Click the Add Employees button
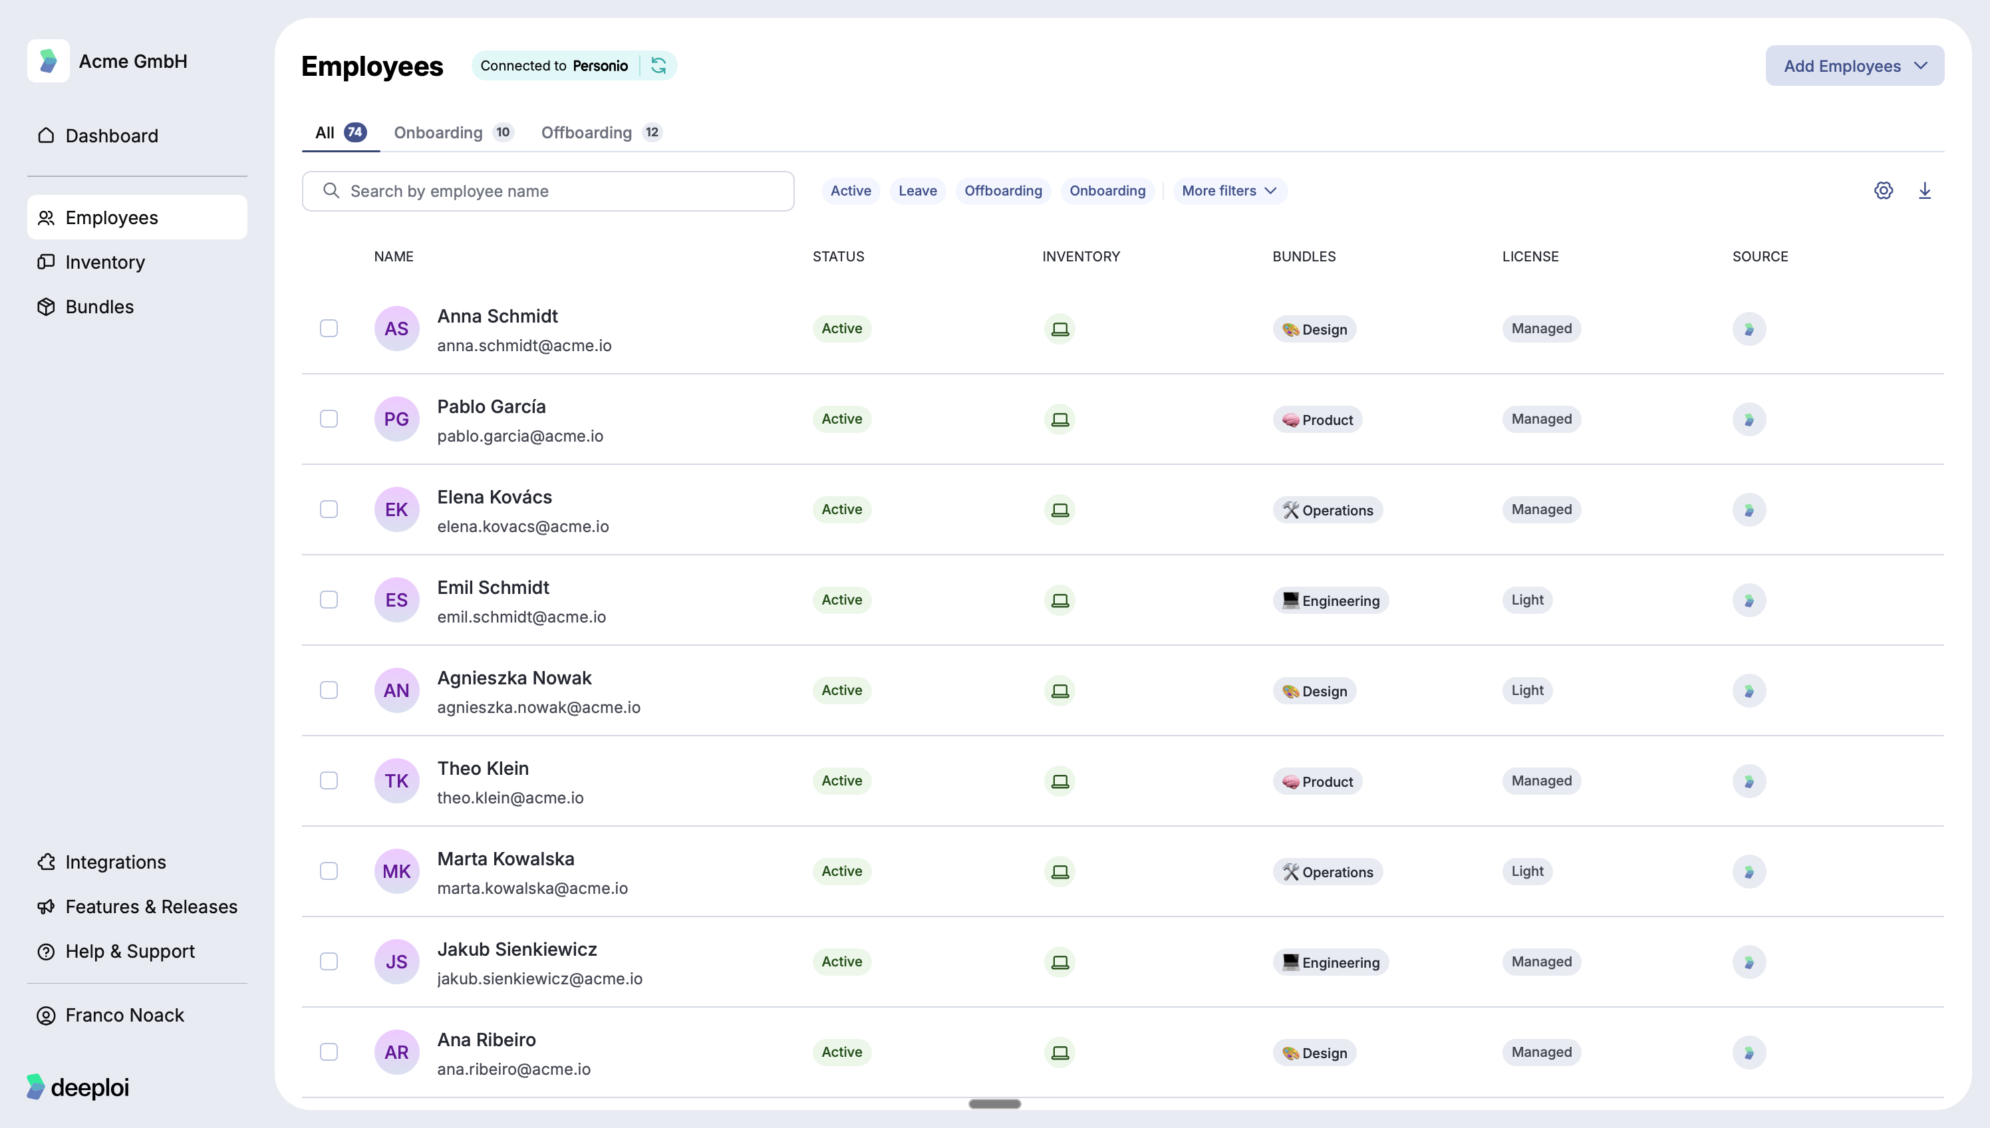pos(1854,66)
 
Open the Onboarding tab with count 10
pos(452,132)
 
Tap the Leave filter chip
pos(917,191)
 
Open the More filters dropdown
pos(1228,191)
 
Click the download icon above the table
pos(1924,191)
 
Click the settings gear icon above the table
pos(1883,191)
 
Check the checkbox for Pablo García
pos(329,419)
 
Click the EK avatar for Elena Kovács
pos(396,509)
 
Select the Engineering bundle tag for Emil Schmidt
pos(1330,601)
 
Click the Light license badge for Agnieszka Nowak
pos(1527,690)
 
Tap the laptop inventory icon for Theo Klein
pos(1060,781)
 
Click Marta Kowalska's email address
pos(532,889)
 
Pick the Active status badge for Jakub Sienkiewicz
pos(841,962)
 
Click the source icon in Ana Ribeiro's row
pos(1749,1052)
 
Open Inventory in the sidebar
pos(104,263)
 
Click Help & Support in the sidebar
pos(129,951)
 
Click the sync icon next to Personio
pos(658,66)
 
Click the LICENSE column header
pos(1530,257)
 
